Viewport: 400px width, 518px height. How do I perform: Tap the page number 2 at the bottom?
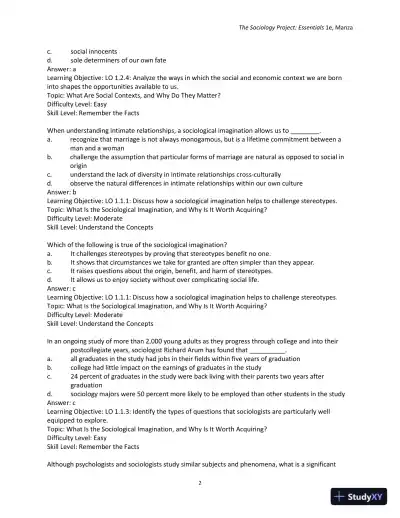pyautogui.click(x=200, y=482)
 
